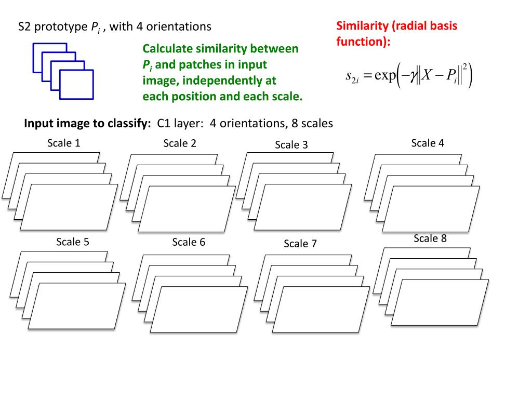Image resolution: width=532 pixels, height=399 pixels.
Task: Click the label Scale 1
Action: click(64, 143)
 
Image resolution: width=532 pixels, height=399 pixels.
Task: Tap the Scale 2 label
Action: click(180, 143)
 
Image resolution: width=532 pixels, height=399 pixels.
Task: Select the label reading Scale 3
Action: click(291, 145)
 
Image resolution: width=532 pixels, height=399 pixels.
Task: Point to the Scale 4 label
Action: click(428, 143)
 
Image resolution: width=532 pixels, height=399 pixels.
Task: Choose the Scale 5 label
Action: click(73, 242)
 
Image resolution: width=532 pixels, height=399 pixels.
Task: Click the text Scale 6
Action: click(189, 242)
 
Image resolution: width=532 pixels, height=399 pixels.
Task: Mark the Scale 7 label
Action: click(300, 244)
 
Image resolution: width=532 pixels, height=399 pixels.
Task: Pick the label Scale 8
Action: click(430, 238)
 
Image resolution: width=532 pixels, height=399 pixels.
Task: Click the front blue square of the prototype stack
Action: click(77, 84)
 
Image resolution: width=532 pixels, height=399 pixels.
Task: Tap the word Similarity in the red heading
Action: click(362, 26)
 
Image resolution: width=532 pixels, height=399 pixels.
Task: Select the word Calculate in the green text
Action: click(168, 49)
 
